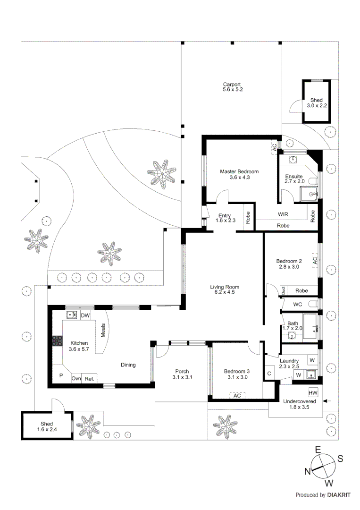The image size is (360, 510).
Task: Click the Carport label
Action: pyautogui.click(x=233, y=87)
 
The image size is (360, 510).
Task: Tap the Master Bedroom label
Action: pyautogui.click(x=239, y=174)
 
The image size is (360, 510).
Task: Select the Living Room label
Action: pyautogui.click(x=225, y=289)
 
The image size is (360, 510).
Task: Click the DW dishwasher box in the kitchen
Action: pyautogui.click(x=85, y=315)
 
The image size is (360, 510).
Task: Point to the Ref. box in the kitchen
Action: pyautogui.click(x=89, y=378)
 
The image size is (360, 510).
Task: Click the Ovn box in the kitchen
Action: pyautogui.click(x=76, y=378)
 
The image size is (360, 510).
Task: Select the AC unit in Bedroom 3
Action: pyautogui.click(x=237, y=395)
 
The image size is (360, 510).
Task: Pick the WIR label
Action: pyautogui.click(x=283, y=214)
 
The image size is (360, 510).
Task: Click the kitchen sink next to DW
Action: pyautogui.click(x=72, y=315)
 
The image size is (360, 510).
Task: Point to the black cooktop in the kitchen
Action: pyautogui.click(x=58, y=341)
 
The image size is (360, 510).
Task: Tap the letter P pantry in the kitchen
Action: pyautogui.click(x=60, y=376)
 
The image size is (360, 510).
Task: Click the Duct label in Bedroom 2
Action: pyautogui.click(x=283, y=290)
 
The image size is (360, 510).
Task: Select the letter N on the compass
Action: pyautogui.click(x=307, y=471)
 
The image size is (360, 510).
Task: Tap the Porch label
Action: pyautogui.click(x=182, y=374)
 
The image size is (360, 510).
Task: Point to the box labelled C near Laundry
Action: pyautogui.click(x=269, y=374)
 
